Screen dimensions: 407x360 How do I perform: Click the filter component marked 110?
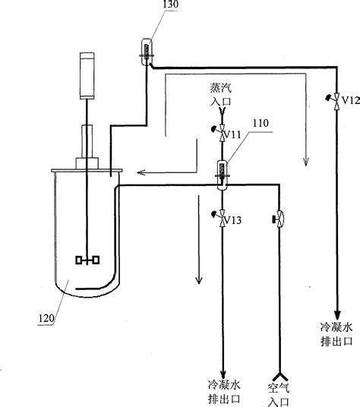222,174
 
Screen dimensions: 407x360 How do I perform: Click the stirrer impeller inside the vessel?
88,260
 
